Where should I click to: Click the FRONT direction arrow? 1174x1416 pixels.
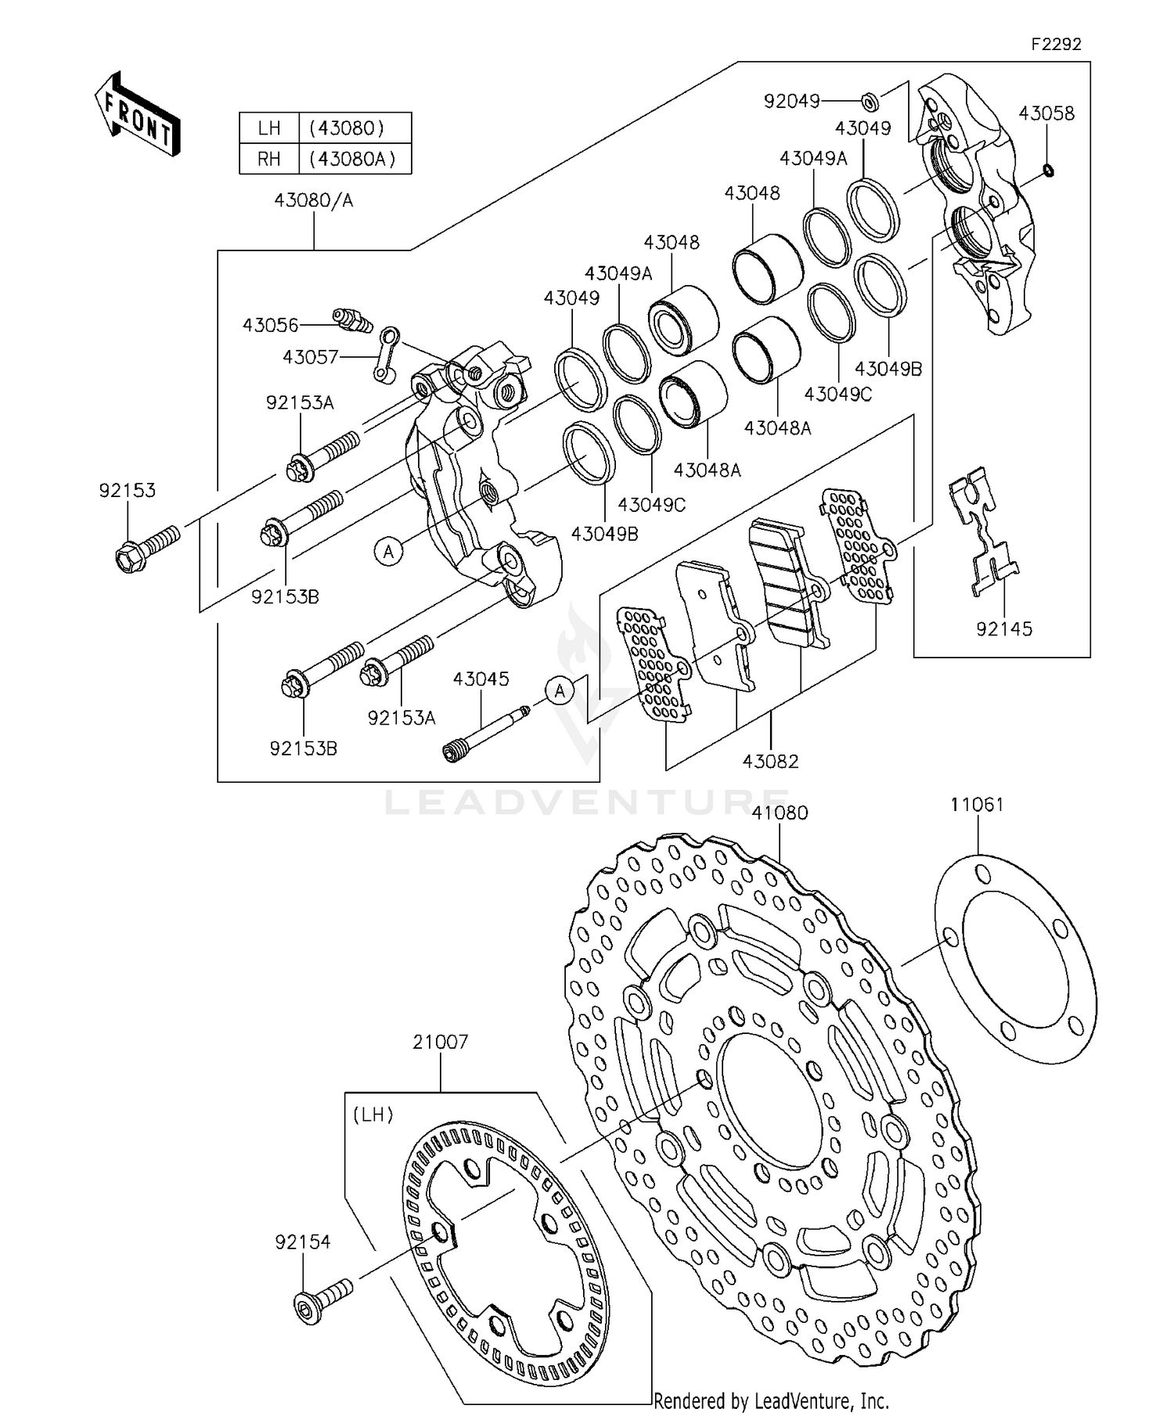(x=138, y=113)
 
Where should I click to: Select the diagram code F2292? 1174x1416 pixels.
(x=1055, y=45)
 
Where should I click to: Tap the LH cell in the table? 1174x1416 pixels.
(x=269, y=128)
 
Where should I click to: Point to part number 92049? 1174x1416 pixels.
(x=791, y=101)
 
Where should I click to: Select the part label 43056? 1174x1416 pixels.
(x=271, y=325)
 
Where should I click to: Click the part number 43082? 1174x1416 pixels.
(x=770, y=761)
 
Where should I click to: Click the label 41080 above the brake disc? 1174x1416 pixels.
(x=780, y=812)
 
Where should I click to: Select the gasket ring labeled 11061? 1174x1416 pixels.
(x=1016, y=959)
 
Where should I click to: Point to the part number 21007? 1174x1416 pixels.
(x=441, y=1042)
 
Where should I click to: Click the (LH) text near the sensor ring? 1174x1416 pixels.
(x=373, y=1115)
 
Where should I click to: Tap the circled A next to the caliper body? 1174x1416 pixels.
(x=388, y=552)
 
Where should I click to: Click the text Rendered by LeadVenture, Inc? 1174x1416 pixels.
(x=771, y=1400)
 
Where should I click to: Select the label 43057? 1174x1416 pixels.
(x=311, y=357)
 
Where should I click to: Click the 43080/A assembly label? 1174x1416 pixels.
(x=313, y=200)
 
